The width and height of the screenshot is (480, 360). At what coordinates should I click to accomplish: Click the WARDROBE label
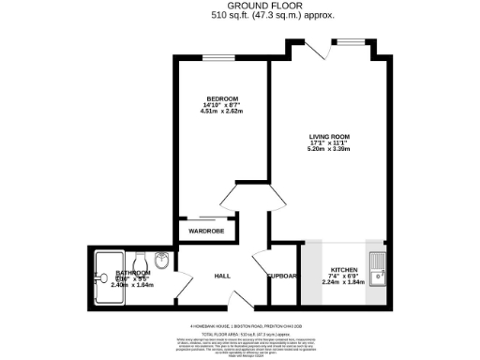point(205,230)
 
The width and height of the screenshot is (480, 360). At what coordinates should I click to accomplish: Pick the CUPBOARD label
point(282,277)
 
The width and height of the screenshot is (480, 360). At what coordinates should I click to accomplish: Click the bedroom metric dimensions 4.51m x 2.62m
point(222,112)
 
